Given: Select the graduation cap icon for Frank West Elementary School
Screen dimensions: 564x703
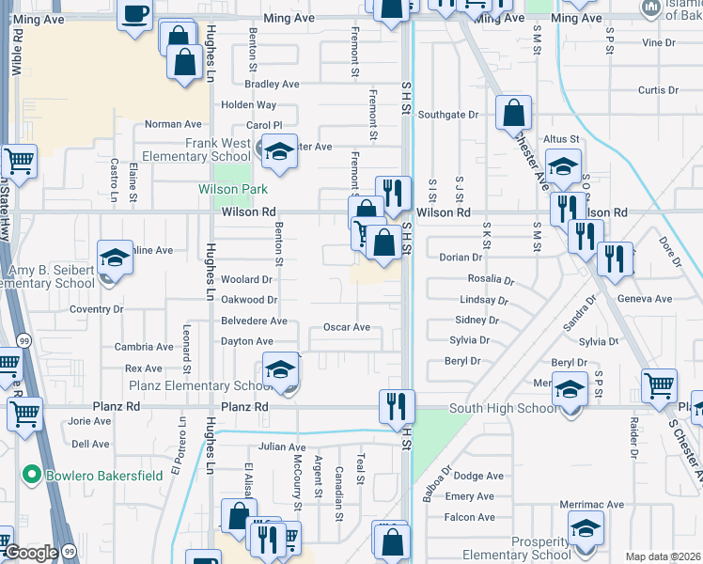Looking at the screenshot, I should [x=278, y=151].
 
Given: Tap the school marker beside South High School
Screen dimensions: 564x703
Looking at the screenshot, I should [x=570, y=388].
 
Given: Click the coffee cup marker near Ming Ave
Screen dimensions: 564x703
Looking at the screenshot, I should [x=136, y=14].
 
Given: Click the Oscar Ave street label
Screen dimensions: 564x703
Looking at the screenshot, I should [x=347, y=327].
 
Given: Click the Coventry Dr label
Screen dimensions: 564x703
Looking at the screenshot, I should [x=97, y=308].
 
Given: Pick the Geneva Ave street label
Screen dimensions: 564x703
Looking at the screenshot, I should [x=645, y=299].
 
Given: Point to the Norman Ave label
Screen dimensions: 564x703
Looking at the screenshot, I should [x=174, y=124].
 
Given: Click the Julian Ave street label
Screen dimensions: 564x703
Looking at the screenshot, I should [x=283, y=447].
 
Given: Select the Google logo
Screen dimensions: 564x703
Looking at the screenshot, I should [x=31, y=553].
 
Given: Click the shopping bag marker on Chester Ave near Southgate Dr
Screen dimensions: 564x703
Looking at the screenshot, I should [x=513, y=114].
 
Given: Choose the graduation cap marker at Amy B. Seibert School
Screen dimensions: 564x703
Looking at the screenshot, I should [x=115, y=257].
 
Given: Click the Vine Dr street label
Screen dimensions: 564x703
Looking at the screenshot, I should [x=658, y=42].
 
